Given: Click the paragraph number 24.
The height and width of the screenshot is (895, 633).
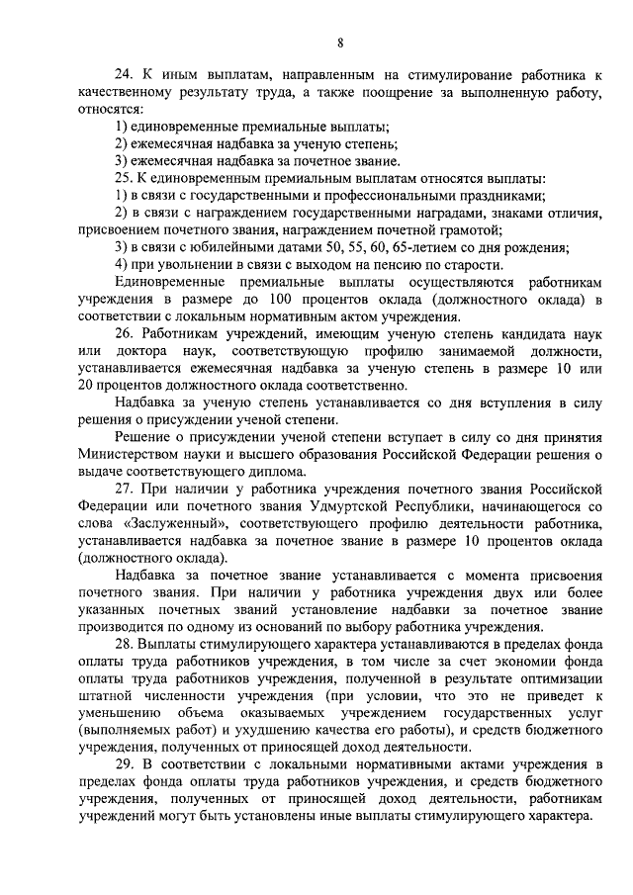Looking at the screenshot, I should click(123, 76).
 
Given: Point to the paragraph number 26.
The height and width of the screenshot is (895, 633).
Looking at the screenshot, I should click(123, 334).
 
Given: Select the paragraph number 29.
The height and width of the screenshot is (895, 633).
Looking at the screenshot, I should click(123, 764).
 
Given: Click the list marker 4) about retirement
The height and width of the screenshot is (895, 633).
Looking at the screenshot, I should click(120, 264).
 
